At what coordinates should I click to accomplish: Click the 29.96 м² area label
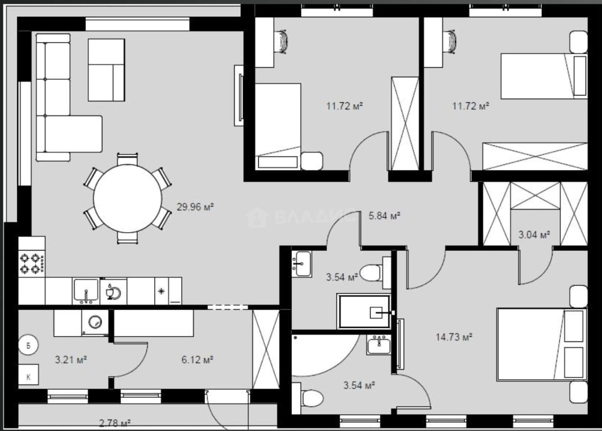pyautogui.click(x=195, y=207)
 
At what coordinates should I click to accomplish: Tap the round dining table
pyautogui.click(x=128, y=199)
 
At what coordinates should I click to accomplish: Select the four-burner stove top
pyautogui.click(x=32, y=263)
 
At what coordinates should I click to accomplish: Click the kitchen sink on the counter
pyautogui.click(x=86, y=291)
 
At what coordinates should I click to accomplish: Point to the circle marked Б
pyautogui.click(x=28, y=346)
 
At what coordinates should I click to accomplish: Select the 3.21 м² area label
pyautogui.click(x=71, y=359)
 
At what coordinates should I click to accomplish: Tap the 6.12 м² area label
pyautogui.click(x=197, y=359)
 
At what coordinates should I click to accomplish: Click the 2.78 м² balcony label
pyautogui.click(x=115, y=423)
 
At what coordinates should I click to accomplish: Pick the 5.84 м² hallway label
pyautogui.click(x=385, y=215)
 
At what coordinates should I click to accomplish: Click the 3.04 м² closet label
pyautogui.click(x=534, y=235)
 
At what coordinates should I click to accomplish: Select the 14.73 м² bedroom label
pyautogui.click(x=454, y=337)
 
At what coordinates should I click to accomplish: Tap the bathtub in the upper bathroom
pyautogui.click(x=364, y=311)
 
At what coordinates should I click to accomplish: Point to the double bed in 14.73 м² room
pyautogui.click(x=542, y=345)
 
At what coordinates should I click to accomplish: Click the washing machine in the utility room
pyautogui.click(x=95, y=322)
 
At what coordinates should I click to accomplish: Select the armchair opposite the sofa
pyautogui.click(x=107, y=70)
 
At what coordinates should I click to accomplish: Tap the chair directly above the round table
pyautogui.click(x=127, y=159)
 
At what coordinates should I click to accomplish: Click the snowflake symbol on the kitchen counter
pyautogui.click(x=161, y=291)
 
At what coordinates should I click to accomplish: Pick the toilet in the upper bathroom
pyautogui.click(x=375, y=273)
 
